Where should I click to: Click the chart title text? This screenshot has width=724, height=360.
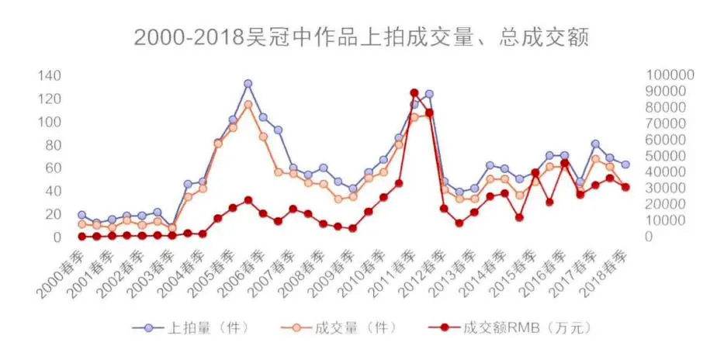[x=362, y=37]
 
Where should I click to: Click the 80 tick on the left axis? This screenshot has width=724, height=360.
[x=52, y=144]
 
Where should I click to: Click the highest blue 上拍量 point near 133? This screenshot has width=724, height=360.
[x=248, y=84]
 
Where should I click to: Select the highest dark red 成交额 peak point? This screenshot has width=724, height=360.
[x=414, y=93]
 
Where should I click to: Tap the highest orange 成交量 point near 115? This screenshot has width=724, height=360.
[x=248, y=104]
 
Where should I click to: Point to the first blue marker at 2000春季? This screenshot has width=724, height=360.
[x=81, y=215]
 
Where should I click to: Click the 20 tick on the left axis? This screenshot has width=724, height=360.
[x=52, y=213]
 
